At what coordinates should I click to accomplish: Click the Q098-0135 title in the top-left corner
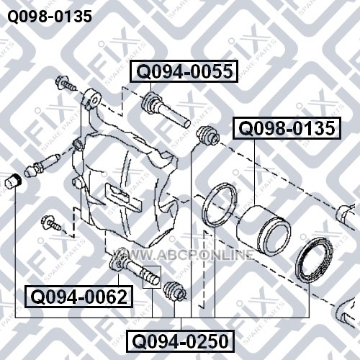coord(50,17)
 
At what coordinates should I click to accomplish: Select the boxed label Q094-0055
coord(184,71)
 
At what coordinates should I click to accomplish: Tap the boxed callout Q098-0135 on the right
coord(287,128)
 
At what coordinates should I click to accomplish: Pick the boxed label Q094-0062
coord(79,297)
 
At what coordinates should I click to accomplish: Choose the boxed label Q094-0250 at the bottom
coord(181,341)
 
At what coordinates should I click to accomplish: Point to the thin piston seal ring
coord(220,204)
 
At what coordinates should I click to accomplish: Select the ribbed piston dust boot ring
coord(314,259)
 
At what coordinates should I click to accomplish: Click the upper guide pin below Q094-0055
coord(166,109)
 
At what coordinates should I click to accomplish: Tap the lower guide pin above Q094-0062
coord(135,269)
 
